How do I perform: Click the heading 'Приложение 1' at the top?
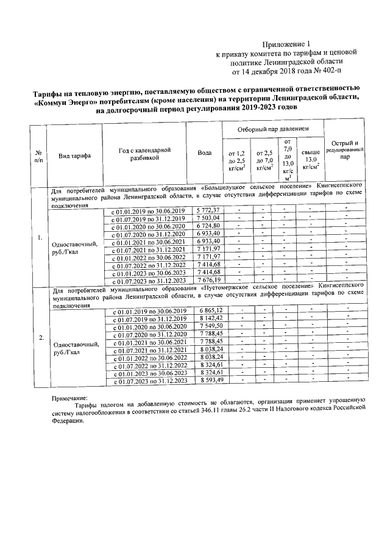285,44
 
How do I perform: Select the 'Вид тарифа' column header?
74,156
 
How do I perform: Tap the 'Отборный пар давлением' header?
272,130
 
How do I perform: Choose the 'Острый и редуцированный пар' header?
345,149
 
